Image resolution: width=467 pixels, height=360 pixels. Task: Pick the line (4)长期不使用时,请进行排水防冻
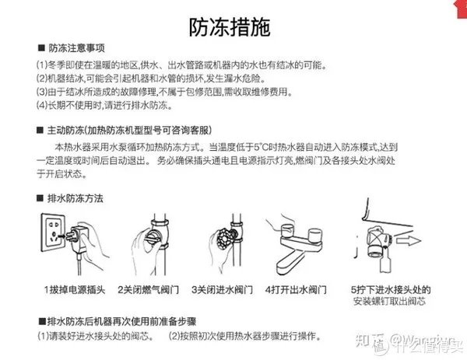click(x=104, y=106)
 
